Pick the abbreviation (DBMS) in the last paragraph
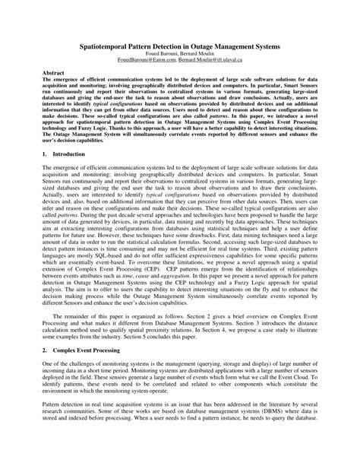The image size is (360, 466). [x=284, y=441]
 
